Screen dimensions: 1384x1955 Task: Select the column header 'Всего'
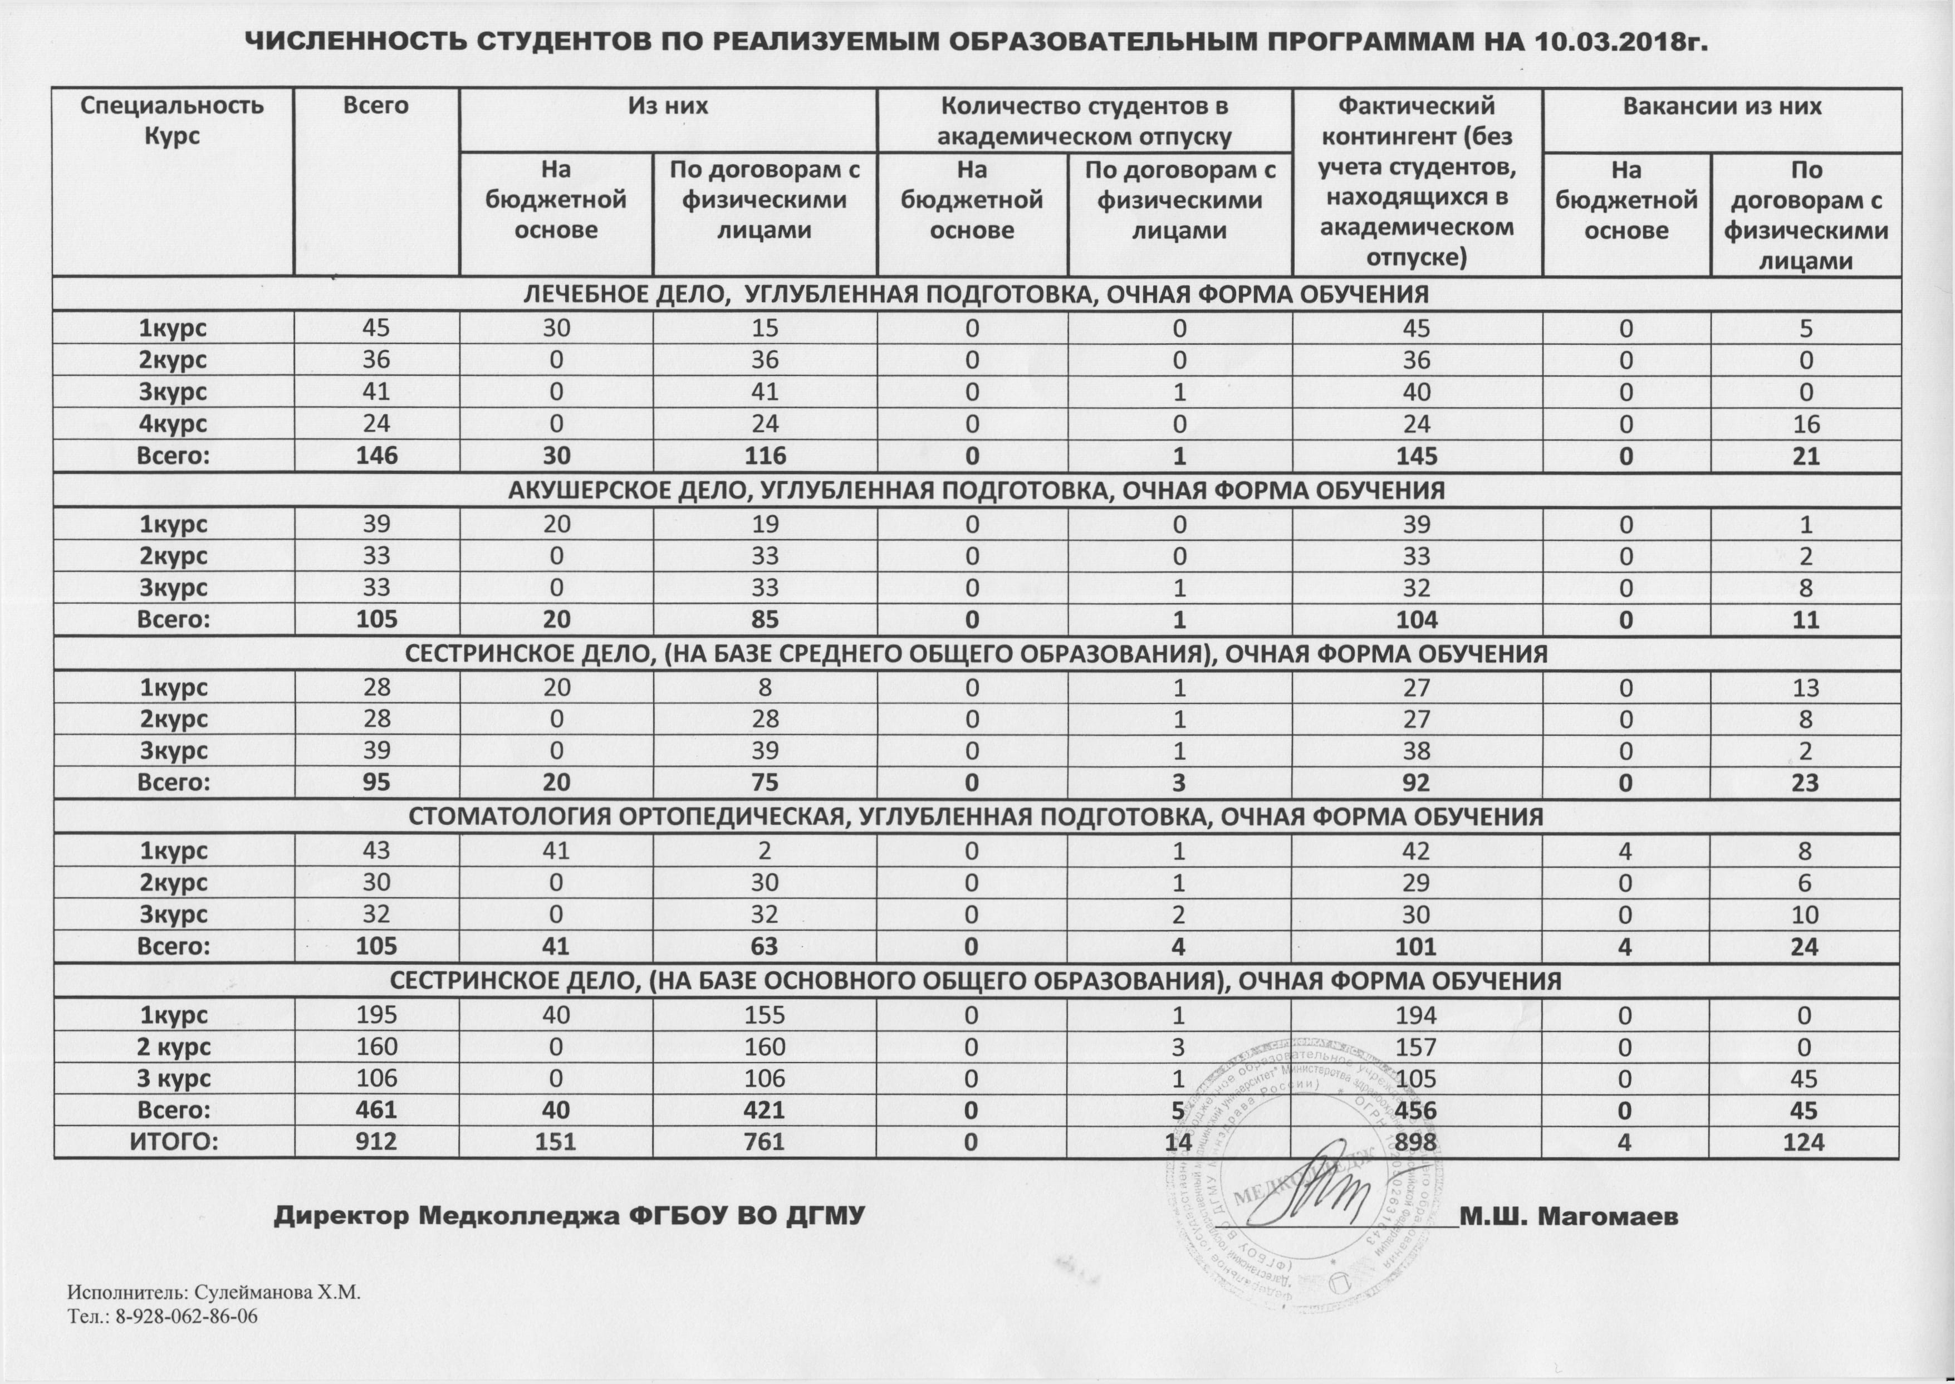(x=376, y=106)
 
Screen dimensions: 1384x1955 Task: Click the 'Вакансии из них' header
(x=1722, y=106)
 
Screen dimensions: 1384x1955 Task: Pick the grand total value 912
(x=376, y=1141)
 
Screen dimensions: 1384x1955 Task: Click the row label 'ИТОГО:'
(x=174, y=1141)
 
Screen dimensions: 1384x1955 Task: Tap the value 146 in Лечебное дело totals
(x=376, y=456)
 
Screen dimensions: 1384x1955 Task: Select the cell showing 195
(x=376, y=1015)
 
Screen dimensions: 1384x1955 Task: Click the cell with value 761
(x=764, y=1141)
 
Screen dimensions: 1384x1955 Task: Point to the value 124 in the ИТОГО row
(x=1806, y=1141)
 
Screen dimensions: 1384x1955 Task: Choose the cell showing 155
(x=764, y=1015)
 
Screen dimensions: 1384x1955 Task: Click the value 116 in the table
(x=764, y=456)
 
